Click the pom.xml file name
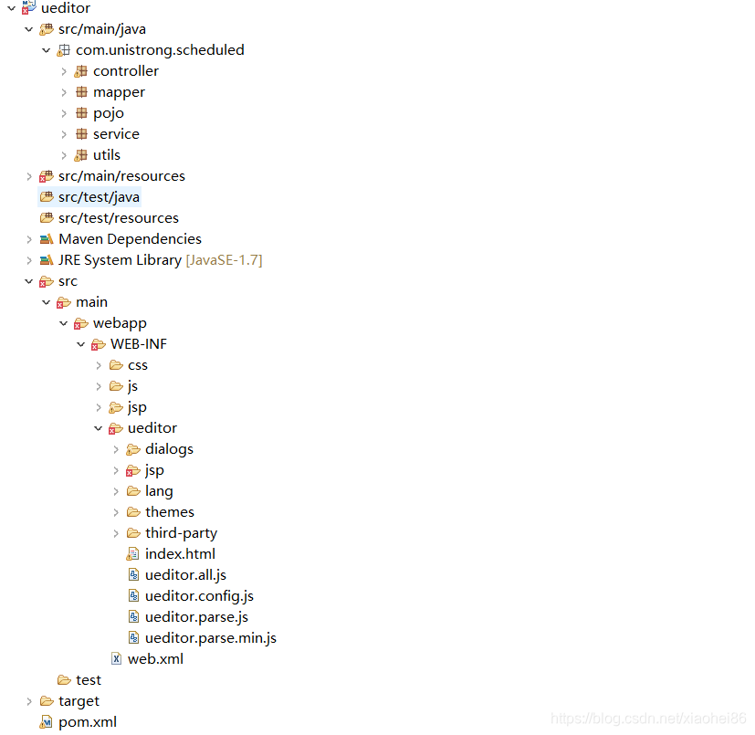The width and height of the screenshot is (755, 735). [x=88, y=722]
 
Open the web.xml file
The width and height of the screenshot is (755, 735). [x=155, y=659]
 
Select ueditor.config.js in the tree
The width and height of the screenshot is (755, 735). [x=199, y=596]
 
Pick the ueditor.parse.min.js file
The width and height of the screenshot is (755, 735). [x=210, y=638]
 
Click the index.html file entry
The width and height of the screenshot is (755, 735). [x=180, y=554]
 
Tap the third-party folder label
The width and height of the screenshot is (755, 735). [x=181, y=533]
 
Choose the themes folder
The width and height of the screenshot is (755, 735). [x=169, y=512]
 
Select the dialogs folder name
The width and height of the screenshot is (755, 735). [x=169, y=449]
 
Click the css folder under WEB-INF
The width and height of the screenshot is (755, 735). [x=137, y=365]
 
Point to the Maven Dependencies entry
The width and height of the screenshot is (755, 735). [x=130, y=239]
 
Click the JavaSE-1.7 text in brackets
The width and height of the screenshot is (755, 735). [x=224, y=260]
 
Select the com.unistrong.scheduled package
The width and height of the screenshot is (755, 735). [x=160, y=50]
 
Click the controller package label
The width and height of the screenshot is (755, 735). [x=126, y=71]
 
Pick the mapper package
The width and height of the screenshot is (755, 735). [x=119, y=92]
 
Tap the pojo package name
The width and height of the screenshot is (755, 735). [x=109, y=113]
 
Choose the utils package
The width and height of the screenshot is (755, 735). [x=107, y=155]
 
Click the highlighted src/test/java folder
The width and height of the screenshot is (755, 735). [x=99, y=197]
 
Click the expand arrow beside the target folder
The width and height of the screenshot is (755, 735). [x=29, y=701]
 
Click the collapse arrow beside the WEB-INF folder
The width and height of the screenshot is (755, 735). [x=81, y=344]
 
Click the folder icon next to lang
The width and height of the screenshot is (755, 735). [x=133, y=491]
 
